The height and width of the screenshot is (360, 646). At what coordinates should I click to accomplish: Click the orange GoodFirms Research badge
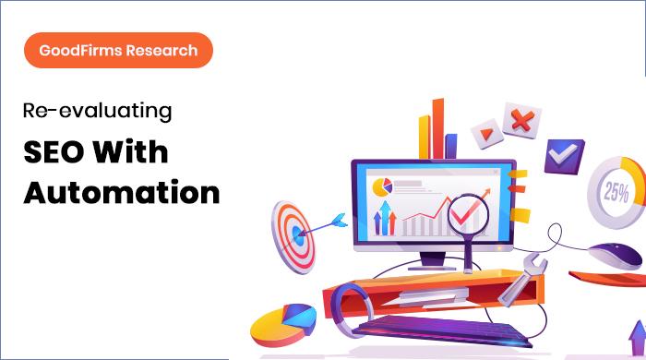click(x=119, y=50)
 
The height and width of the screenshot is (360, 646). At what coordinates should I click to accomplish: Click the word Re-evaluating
click(x=98, y=113)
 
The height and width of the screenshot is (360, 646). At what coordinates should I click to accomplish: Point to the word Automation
click(x=121, y=193)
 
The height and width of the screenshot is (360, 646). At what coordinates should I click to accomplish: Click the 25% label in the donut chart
click(x=616, y=193)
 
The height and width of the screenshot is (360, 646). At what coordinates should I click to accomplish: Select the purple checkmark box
click(x=559, y=153)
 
